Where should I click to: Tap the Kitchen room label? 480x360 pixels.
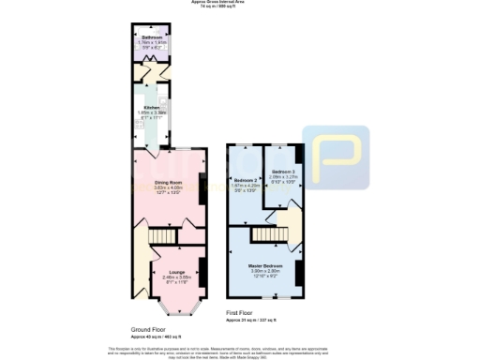(148, 108)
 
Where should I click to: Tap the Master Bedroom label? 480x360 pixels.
(267, 265)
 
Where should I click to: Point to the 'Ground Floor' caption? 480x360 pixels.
(148, 328)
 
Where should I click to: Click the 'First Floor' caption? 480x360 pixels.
(239, 313)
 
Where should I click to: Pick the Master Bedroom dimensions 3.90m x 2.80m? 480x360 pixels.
(267, 272)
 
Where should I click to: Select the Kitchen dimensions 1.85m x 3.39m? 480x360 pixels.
(148, 113)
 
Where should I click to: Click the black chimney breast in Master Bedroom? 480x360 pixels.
(298, 272)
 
